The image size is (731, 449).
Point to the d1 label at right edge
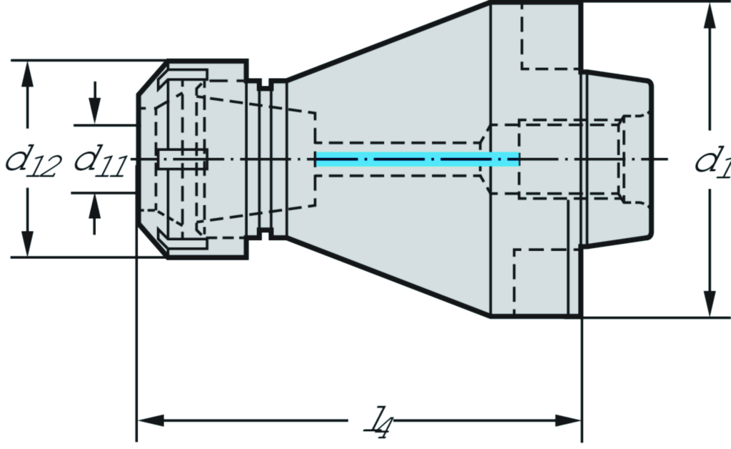click(x=712, y=162)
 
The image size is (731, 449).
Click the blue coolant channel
click(x=417, y=159)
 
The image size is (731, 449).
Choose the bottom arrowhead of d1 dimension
click(x=710, y=303)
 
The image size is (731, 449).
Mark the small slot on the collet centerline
click(x=182, y=159)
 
